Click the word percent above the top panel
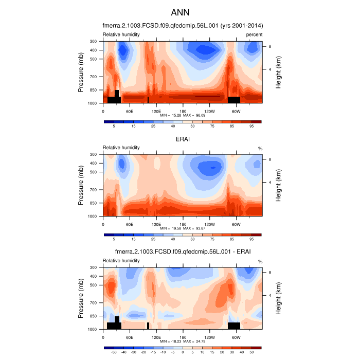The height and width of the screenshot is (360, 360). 254,34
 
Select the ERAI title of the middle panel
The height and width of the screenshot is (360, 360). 180,138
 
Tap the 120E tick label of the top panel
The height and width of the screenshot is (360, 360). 156,111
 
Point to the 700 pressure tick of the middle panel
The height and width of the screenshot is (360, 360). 93,190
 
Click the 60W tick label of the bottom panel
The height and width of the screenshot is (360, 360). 236,337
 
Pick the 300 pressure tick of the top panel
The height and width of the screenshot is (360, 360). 93,41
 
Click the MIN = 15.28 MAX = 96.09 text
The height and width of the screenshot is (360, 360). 182,115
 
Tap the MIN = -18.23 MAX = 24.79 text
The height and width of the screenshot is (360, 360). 182,341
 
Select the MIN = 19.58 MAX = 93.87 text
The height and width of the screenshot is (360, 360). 182,228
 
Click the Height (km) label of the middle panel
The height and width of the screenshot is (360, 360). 278,185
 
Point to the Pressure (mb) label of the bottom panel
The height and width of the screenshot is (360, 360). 81,298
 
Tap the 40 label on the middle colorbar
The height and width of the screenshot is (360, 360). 173,239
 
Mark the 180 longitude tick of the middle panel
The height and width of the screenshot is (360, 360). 183,224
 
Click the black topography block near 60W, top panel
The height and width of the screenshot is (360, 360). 234,99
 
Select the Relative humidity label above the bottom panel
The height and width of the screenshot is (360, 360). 121,261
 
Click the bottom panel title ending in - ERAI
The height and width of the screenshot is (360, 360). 182,251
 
